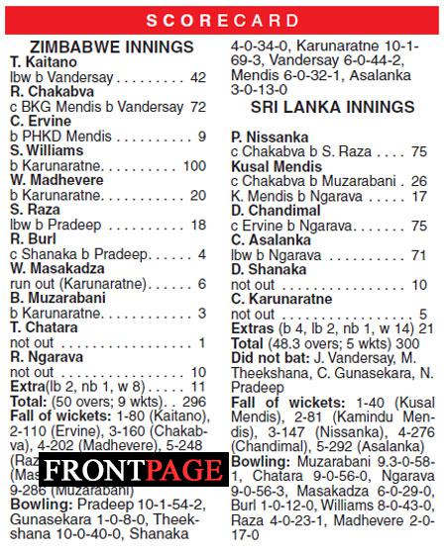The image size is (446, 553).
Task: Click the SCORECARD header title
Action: click(222, 20)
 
